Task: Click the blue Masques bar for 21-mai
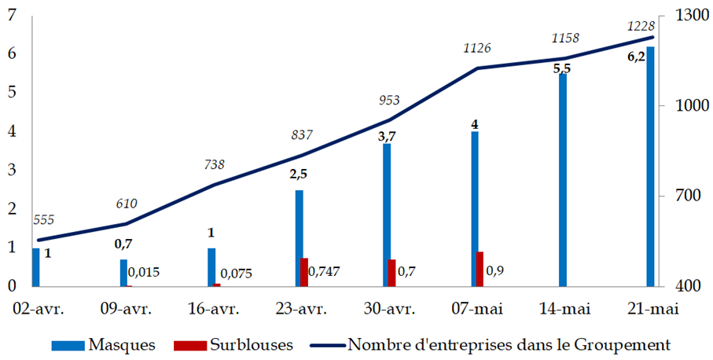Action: tap(650, 166)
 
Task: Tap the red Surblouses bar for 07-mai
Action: tap(480, 269)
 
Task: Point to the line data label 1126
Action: tap(476, 49)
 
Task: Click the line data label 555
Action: tap(44, 221)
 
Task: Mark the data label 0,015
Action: tap(145, 272)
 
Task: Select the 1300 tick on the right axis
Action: tap(681, 15)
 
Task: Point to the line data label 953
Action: tap(389, 100)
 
